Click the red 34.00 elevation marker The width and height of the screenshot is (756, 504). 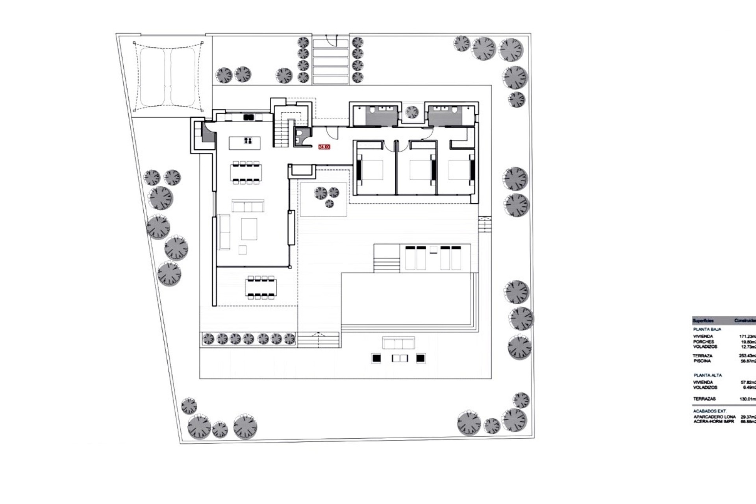tap(324, 147)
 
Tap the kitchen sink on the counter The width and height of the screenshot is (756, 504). tap(248, 117)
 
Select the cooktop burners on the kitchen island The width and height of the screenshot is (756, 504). tap(248, 141)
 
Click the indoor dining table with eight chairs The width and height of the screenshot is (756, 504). tap(246, 172)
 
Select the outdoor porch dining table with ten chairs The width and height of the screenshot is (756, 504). tap(261, 288)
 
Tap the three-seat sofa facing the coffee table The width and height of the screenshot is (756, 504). tap(248, 206)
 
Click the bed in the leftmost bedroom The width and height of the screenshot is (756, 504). tap(370, 170)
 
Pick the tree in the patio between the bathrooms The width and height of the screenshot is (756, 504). tap(412, 112)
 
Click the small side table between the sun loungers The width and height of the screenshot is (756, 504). tap(434, 249)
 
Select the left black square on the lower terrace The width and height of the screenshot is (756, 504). tap(376, 358)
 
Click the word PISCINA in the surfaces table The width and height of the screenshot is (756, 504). tap(702, 361)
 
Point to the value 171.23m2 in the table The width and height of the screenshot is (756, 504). tap(747, 337)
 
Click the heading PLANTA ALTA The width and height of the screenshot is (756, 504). tap(708, 375)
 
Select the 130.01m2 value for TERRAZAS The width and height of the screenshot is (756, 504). tap(747, 399)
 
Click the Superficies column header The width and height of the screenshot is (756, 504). tap(703, 321)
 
